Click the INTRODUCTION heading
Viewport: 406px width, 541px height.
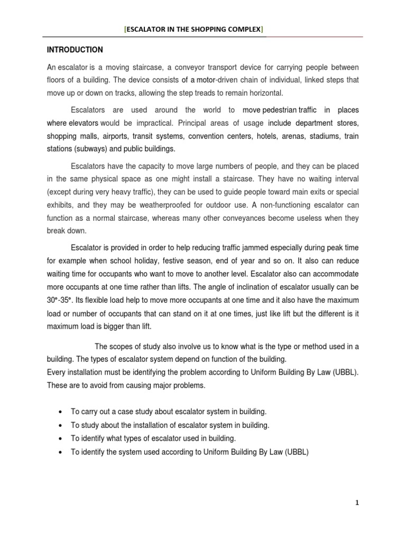click(x=75, y=50)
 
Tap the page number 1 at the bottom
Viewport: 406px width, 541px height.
click(x=357, y=503)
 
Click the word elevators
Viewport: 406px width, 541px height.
click(x=81, y=123)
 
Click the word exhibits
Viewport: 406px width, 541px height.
click(x=60, y=204)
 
